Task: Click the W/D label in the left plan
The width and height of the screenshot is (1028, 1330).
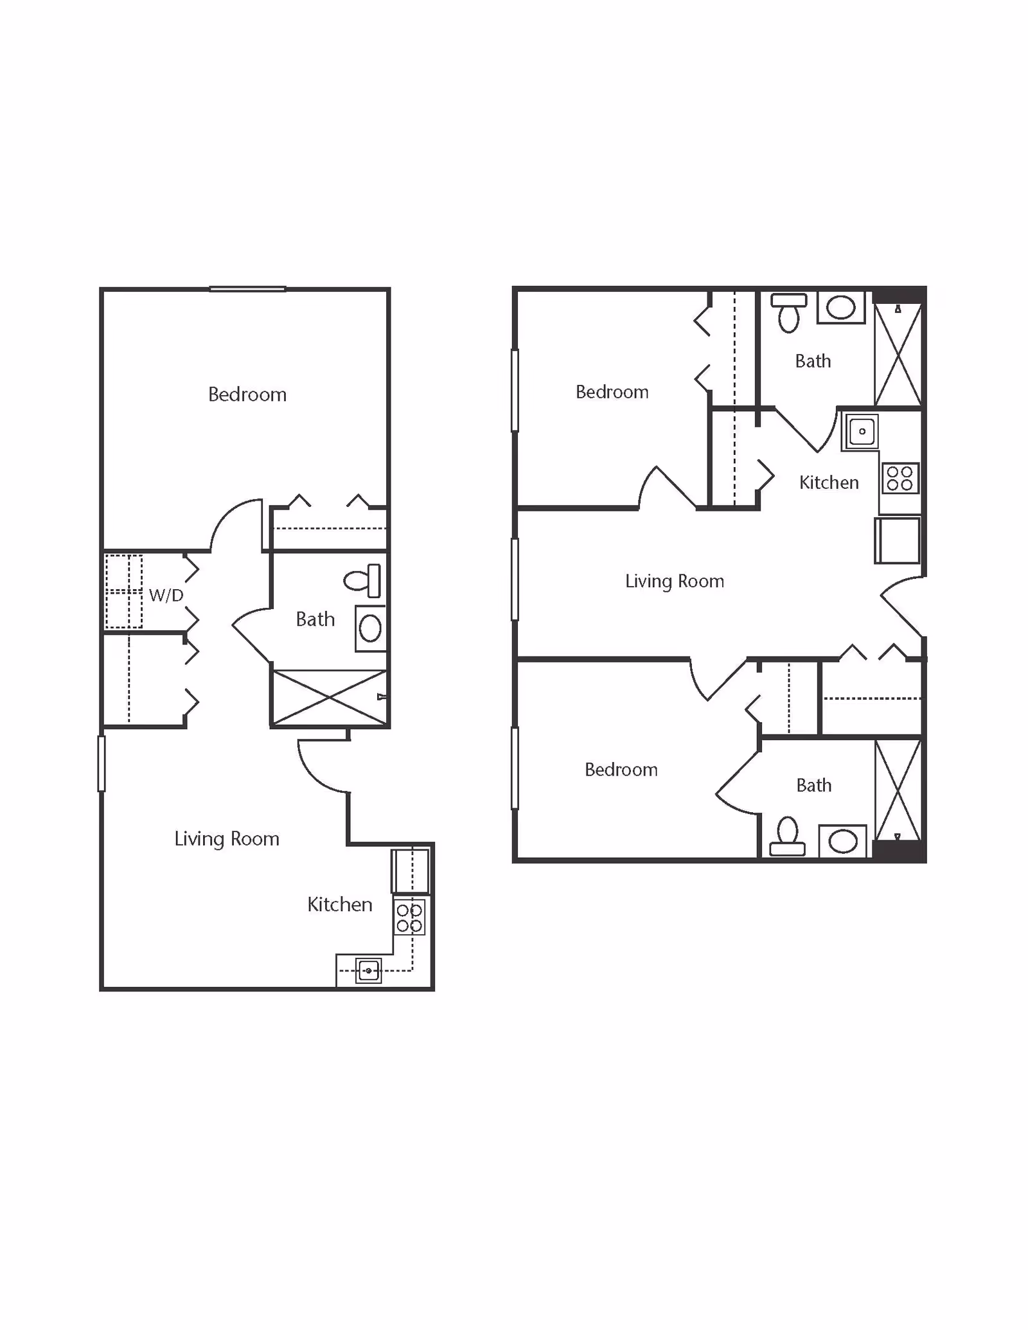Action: [x=166, y=595]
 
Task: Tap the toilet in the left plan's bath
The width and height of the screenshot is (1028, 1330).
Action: [x=363, y=581]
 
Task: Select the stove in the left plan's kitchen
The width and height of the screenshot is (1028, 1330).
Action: [x=409, y=918]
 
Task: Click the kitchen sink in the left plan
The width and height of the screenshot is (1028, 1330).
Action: [x=368, y=970]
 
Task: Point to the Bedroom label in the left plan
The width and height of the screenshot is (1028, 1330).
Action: [x=247, y=395]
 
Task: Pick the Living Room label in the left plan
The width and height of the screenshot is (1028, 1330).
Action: [x=227, y=838]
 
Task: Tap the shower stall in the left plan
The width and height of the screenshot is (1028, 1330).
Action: [x=330, y=697]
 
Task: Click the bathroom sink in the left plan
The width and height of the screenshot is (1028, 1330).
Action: [x=370, y=628]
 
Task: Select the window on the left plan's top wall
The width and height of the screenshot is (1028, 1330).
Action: [x=247, y=289]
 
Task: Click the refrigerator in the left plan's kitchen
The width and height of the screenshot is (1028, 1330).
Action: [x=411, y=870]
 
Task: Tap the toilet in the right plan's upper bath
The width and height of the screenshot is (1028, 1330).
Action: [x=788, y=313]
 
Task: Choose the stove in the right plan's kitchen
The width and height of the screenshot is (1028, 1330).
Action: [x=899, y=479]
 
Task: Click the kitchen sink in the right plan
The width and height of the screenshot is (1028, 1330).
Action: [x=862, y=431]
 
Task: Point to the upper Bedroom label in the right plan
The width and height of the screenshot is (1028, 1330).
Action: [x=612, y=392]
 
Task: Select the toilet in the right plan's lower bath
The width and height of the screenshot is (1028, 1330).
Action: [x=788, y=837]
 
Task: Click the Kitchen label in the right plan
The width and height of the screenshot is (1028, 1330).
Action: [x=829, y=483]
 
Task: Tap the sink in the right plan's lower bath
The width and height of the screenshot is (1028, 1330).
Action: [x=842, y=841]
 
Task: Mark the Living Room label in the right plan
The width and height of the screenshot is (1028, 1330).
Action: [x=675, y=581]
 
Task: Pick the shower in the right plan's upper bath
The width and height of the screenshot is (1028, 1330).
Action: [x=898, y=355]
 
